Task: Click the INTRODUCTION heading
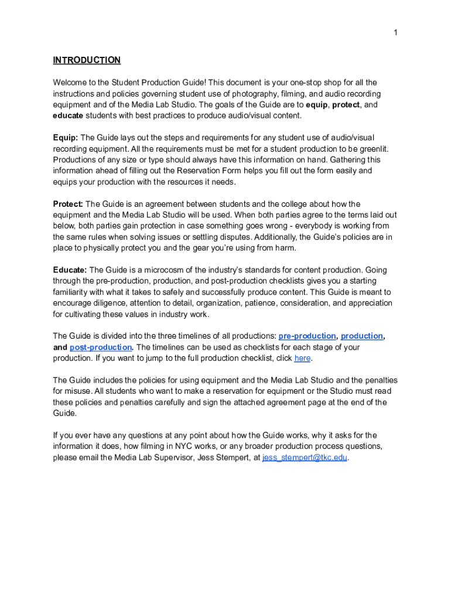click(87, 60)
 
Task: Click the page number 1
click(395, 33)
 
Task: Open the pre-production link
click(307, 336)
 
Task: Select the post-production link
click(101, 347)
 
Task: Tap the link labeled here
click(302, 358)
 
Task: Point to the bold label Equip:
click(66, 138)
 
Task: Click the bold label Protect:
click(68, 204)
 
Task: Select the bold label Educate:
click(70, 270)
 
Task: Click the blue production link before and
click(362, 336)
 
